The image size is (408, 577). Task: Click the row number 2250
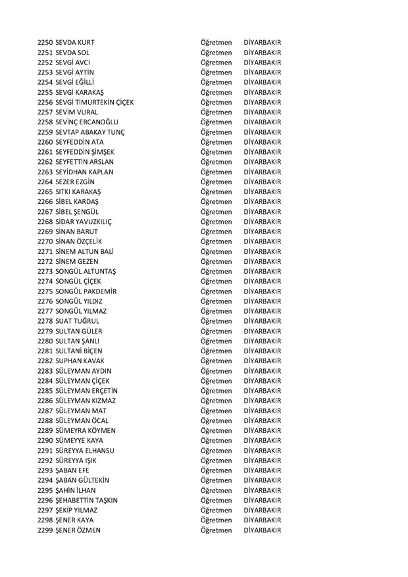[x=45, y=42]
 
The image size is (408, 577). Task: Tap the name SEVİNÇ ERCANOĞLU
[x=86, y=122]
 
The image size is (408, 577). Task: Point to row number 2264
[x=45, y=182]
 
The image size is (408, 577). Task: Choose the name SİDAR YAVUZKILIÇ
[x=84, y=221]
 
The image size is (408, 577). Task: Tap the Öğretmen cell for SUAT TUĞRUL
[x=216, y=320]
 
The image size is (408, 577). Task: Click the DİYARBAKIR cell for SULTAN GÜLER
[x=262, y=330]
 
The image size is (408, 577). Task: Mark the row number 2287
[x=45, y=410]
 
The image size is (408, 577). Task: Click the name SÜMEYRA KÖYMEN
[x=86, y=430]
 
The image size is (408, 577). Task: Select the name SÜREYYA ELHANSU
[x=86, y=450]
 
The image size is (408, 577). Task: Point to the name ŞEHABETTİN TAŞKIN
[x=88, y=500]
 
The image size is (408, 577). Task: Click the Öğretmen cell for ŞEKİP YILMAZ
[x=216, y=510]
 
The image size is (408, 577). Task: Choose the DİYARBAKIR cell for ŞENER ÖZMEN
[x=262, y=530]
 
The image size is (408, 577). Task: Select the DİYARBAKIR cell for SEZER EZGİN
[x=262, y=182]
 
